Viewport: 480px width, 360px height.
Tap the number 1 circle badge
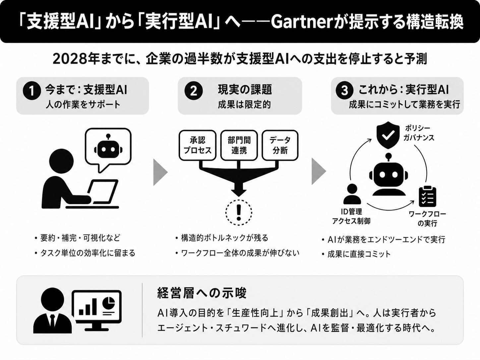32,90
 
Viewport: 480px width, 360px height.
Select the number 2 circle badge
194,90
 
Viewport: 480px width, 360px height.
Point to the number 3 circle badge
344,90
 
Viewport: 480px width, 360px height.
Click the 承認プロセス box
198,145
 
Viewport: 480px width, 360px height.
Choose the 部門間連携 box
239,145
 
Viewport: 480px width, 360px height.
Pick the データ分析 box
280,145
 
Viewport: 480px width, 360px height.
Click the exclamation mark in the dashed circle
239,212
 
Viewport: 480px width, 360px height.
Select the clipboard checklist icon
427,197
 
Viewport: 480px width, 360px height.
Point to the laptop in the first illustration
103,192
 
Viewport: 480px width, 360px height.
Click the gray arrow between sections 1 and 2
160,172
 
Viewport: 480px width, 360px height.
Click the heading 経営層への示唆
202,293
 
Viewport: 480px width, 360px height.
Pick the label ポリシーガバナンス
418,133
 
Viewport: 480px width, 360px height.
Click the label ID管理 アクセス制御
351,216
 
